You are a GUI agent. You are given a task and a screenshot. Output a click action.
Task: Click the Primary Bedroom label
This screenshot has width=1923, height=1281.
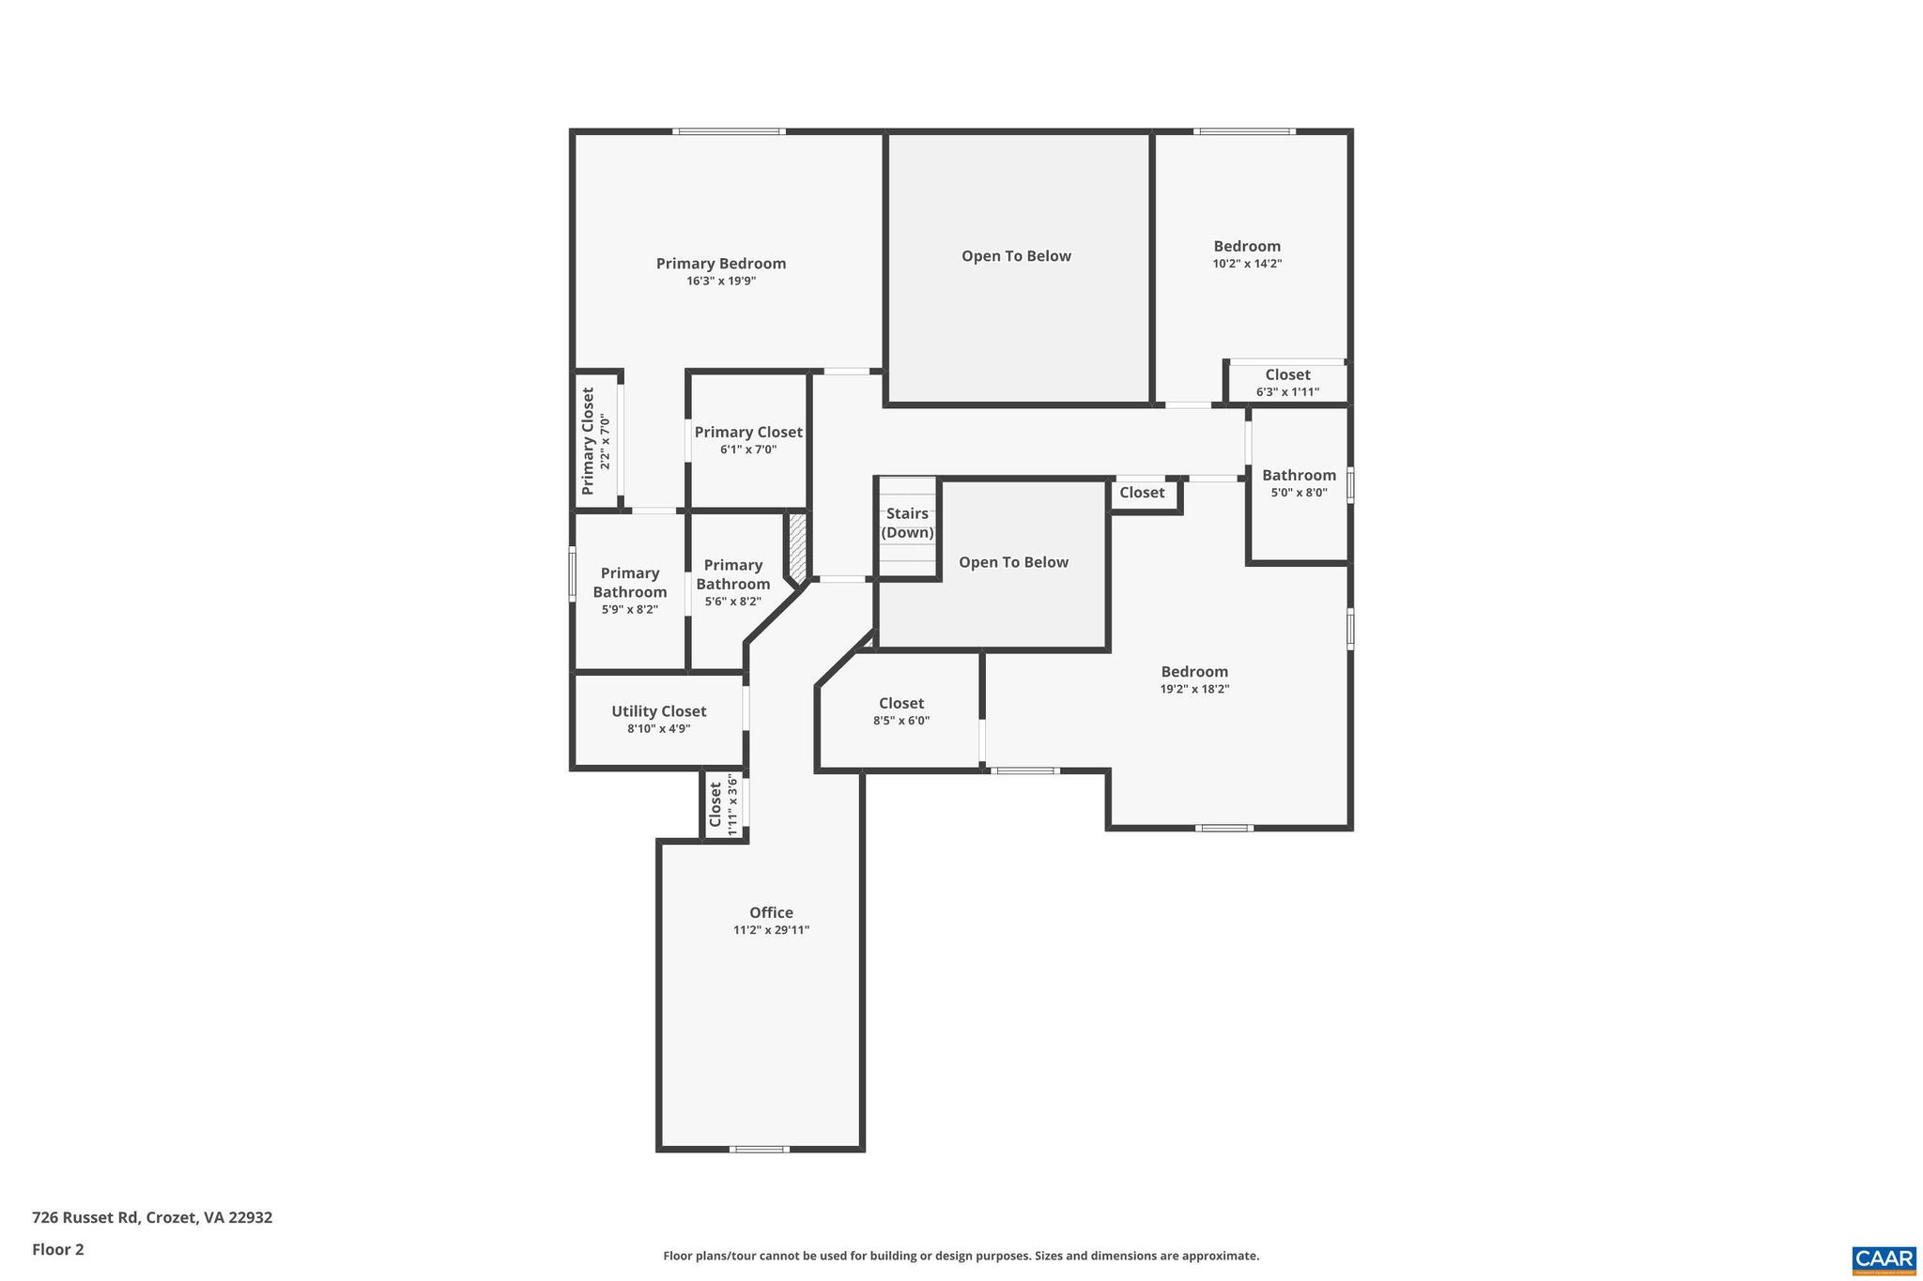tap(720, 264)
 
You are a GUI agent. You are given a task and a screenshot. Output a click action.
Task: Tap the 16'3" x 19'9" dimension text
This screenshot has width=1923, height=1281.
tap(720, 281)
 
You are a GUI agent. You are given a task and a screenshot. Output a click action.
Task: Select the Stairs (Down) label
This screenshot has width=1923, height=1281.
tap(907, 523)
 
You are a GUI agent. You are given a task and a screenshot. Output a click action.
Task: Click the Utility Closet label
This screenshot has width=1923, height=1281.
tap(658, 711)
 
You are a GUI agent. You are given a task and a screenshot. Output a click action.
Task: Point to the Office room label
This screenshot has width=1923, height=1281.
tap(771, 912)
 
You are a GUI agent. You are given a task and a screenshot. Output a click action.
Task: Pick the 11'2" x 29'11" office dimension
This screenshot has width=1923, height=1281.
tap(771, 930)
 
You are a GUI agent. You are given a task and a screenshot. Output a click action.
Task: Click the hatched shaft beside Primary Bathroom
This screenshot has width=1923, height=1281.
tap(796, 546)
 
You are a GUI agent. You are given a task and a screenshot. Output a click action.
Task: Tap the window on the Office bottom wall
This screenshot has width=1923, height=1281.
tap(759, 1149)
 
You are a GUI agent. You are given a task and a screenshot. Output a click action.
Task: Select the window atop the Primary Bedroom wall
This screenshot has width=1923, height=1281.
tap(729, 131)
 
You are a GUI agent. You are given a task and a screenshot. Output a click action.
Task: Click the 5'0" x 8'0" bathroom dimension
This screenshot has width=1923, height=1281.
tap(1299, 493)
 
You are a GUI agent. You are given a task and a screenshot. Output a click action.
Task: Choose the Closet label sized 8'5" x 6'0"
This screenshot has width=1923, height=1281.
tap(900, 703)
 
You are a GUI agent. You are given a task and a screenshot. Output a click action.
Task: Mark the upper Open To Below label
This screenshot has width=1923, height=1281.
tap(1016, 256)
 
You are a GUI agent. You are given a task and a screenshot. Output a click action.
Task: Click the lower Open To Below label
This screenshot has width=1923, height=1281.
tap(1013, 562)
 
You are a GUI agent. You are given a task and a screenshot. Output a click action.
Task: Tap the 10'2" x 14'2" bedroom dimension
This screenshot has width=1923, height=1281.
tap(1247, 264)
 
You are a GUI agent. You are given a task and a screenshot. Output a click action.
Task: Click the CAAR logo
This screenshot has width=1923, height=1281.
tap(1884, 1258)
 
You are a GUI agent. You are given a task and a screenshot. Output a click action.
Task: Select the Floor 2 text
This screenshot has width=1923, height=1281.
tap(58, 1249)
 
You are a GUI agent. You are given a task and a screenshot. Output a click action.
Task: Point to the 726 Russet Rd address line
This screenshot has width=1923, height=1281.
tap(152, 1217)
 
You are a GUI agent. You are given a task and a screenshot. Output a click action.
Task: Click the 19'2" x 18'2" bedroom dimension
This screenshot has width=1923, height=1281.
tap(1194, 689)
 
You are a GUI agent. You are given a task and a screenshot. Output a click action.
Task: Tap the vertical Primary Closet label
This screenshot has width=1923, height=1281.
tap(588, 441)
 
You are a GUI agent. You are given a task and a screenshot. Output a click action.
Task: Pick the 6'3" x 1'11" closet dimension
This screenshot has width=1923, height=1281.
tap(1287, 391)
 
